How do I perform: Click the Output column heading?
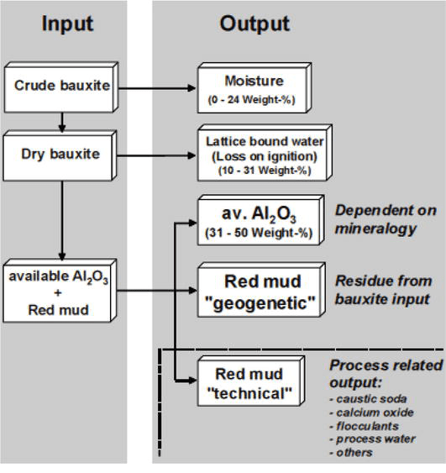(x=254, y=24)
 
